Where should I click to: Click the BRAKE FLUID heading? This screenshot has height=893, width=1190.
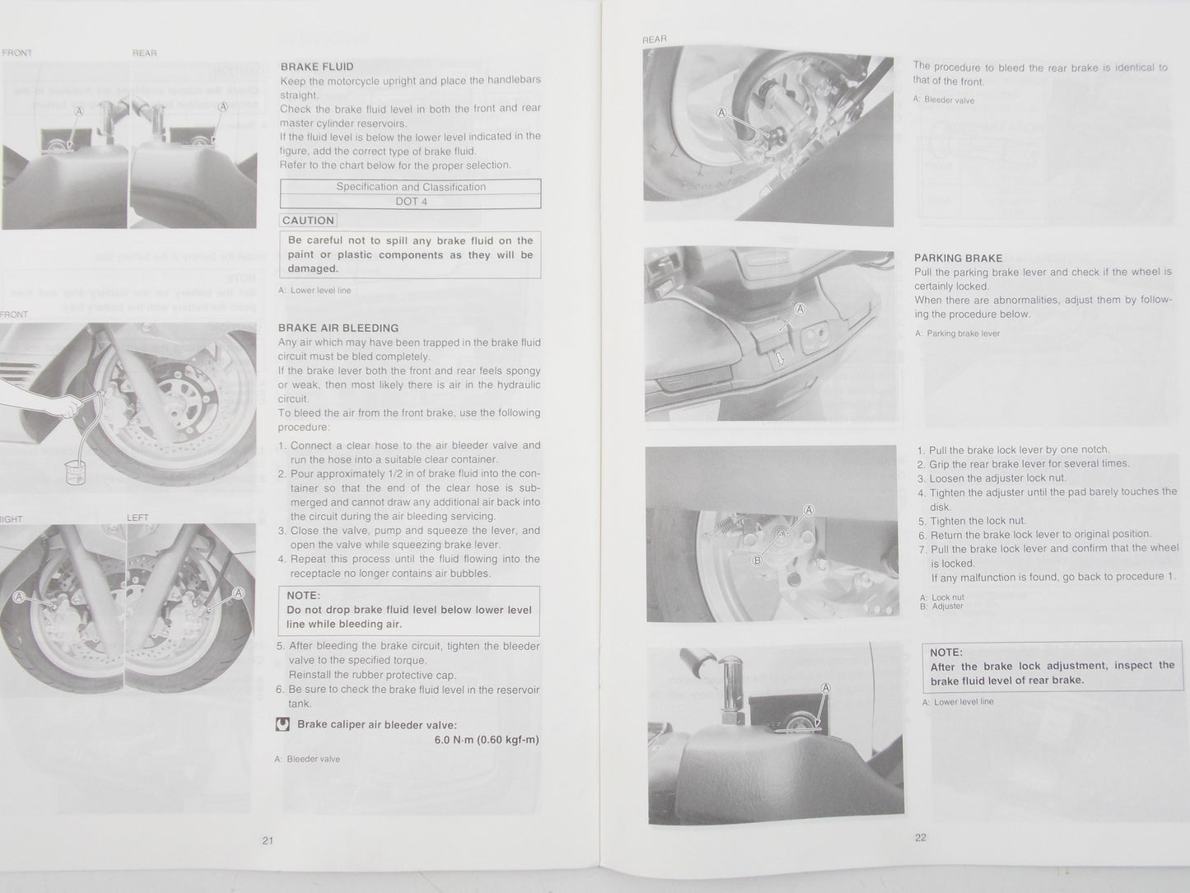pos(317,67)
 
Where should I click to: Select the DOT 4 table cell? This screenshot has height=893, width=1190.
pos(410,201)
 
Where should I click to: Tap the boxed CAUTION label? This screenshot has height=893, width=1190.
pos(308,221)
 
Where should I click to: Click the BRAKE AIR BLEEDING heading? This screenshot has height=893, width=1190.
pos(338,328)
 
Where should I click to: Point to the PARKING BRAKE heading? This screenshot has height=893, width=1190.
pos(958,258)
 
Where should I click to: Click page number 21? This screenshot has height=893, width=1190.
pos(268,841)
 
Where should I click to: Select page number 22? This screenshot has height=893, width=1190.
pos(920,838)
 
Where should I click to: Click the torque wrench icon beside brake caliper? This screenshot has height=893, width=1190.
pos(282,725)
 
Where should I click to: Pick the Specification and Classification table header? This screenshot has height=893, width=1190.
pos(410,187)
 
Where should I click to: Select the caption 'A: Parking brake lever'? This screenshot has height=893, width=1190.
pos(957,334)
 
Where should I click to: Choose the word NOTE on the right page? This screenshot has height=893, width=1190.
pos(946,652)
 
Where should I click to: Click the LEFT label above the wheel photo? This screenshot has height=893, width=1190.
pos(138,518)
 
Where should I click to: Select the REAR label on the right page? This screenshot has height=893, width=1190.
pos(654,39)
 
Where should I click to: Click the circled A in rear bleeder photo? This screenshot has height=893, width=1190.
pos(722,113)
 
